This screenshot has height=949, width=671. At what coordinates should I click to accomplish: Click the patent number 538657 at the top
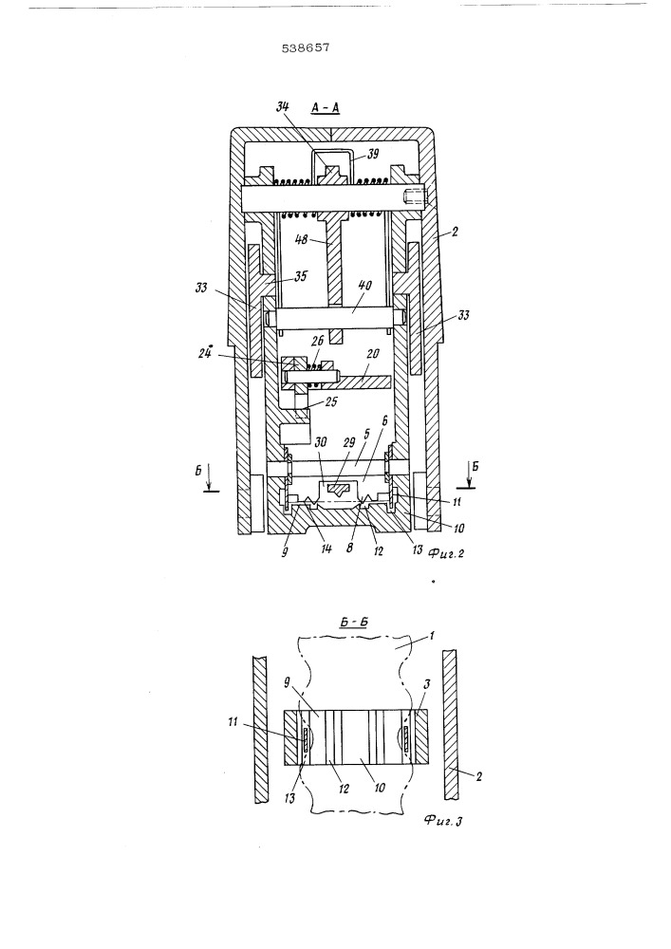click(x=306, y=47)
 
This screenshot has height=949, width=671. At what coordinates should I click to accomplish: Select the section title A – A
click(x=325, y=108)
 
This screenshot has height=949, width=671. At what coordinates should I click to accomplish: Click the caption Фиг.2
click(x=445, y=552)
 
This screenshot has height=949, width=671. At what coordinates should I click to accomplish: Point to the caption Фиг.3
click(x=443, y=821)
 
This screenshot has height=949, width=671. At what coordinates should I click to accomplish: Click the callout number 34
click(x=283, y=107)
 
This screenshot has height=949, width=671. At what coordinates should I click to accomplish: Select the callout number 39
click(x=373, y=154)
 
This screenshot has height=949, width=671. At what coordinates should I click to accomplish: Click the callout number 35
click(x=301, y=276)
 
